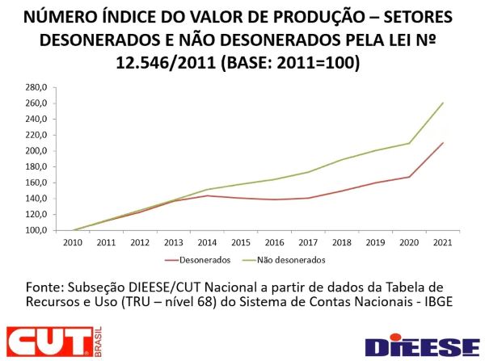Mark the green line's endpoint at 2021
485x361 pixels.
tap(443, 103)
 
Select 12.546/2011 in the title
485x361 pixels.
tap(149, 61)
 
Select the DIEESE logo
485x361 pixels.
tap(421, 345)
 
